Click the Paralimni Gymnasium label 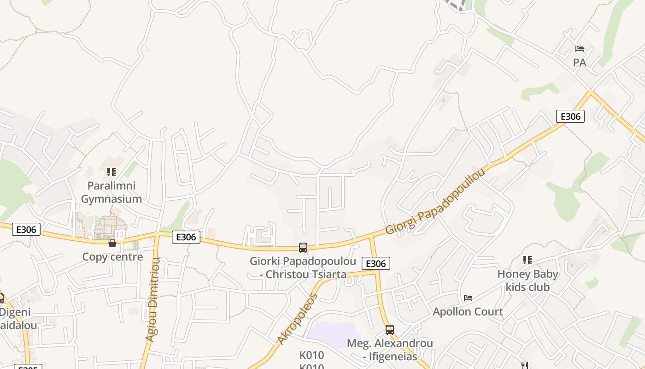(x=111, y=192)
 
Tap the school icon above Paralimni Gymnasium (x=111, y=172)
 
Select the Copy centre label (x=112, y=257)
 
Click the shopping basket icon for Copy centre (x=112, y=243)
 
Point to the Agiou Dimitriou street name (x=152, y=300)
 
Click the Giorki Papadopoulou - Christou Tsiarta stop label (x=303, y=268)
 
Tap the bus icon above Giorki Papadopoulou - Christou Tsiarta (x=303, y=248)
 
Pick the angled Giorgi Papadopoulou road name (x=435, y=202)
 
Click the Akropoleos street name (x=298, y=318)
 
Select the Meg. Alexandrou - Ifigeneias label (x=390, y=350)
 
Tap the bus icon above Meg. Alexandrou (x=390, y=330)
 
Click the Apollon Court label (x=468, y=312)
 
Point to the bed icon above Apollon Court (x=468, y=298)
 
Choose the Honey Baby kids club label (x=528, y=280)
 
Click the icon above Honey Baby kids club (x=528, y=260)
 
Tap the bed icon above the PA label (x=580, y=49)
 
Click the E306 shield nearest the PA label (x=570, y=116)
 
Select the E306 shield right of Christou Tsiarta (x=376, y=263)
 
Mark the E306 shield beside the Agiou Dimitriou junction (x=186, y=237)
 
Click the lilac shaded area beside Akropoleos (x=334, y=334)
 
